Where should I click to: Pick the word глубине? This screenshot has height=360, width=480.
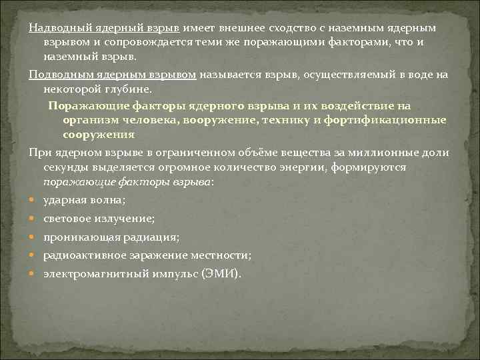click(132, 89)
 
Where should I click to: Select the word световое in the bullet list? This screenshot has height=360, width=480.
click(67, 218)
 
